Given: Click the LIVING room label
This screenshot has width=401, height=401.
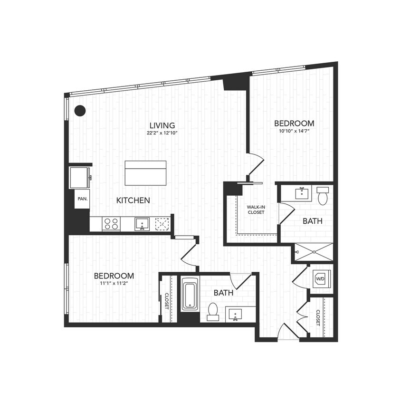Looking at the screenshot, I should [x=161, y=125].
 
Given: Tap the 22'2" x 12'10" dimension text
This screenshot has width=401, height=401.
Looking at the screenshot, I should [x=161, y=134].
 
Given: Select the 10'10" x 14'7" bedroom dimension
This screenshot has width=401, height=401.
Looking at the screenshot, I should [x=294, y=131].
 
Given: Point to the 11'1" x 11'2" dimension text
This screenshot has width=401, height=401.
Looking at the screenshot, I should [x=114, y=284].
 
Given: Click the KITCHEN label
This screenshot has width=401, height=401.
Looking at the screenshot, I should [x=133, y=200].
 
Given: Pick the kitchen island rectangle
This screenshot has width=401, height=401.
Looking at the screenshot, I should [x=145, y=173].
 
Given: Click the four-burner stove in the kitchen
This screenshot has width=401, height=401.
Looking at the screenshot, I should [x=111, y=224].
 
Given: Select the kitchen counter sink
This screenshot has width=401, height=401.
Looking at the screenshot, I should [x=142, y=223].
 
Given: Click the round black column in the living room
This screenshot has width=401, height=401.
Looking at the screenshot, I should [x=80, y=110].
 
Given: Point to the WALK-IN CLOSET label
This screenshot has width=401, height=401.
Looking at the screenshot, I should [x=256, y=210].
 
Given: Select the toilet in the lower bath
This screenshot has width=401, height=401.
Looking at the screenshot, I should [x=213, y=311].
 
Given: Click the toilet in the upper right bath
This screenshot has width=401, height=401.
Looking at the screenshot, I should [x=323, y=196].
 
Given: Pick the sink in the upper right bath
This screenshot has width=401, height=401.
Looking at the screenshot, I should [x=301, y=193].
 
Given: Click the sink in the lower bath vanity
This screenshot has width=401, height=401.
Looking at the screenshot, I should [x=235, y=314].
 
